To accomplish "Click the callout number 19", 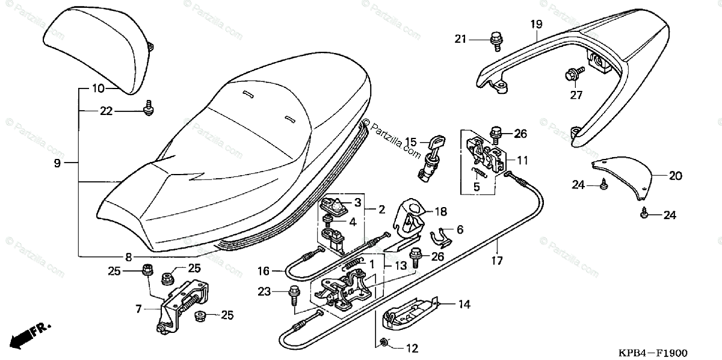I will click(x=536, y=24).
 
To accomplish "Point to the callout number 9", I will click(x=57, y=163).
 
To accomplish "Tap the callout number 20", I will click(x=675, y=176).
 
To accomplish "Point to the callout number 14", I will click(x=463, y=305).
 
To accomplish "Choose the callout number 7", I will click(x=138, y=309).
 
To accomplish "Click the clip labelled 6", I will click(x=445, y=237).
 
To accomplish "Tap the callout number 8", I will click(x=128, y=256).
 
